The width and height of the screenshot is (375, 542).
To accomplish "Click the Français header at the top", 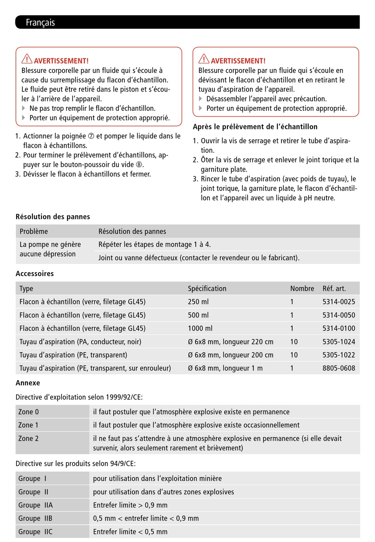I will tap(40, 22).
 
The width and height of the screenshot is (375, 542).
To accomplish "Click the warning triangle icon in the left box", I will tap(27, 59).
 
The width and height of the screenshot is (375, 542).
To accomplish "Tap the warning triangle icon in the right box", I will tap(204, 59).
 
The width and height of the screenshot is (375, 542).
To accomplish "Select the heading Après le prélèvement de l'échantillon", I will tap(255, 127).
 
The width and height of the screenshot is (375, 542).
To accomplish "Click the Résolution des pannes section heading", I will tap(53, 217).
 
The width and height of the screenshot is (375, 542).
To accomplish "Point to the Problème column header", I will tap(34, 232).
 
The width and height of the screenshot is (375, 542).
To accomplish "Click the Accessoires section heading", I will tap(35, 274).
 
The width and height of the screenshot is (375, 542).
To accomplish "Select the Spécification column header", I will tap(207, 288).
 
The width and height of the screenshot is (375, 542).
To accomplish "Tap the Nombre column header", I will tap(302, 288).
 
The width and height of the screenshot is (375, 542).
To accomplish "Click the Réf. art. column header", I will tap(334, 288).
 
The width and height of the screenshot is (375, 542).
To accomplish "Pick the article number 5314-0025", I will tap(339, 302).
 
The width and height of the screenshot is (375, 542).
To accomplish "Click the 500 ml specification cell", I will tap(198, 315).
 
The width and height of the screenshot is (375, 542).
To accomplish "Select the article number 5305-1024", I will tap(339, 342).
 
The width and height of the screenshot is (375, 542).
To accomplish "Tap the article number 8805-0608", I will tap(339, 368).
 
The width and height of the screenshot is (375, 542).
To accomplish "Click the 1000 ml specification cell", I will tap(200, 328).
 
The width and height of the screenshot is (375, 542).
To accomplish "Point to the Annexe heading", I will tap(28, 383).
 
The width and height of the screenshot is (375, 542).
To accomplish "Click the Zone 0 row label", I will tap(28, 412).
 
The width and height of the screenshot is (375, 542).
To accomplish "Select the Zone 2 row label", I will tap(28, 438).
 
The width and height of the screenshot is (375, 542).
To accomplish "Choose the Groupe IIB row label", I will tap(35, 518).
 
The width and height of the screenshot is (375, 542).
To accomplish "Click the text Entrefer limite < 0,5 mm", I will tap(130, 532).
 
